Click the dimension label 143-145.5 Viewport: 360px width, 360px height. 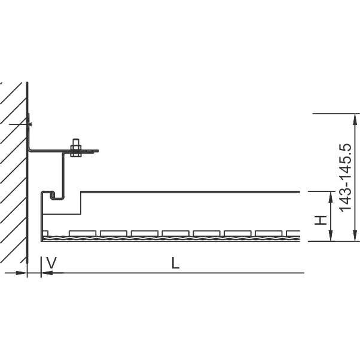point(345,178)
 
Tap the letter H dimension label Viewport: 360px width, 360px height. point(321,220)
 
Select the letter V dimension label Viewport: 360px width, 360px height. point(51,263)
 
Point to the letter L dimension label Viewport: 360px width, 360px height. point(175,263)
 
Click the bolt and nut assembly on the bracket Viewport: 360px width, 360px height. point(76,148)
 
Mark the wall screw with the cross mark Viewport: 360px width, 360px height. point(29,124)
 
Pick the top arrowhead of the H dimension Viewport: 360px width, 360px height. point(331,197)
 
